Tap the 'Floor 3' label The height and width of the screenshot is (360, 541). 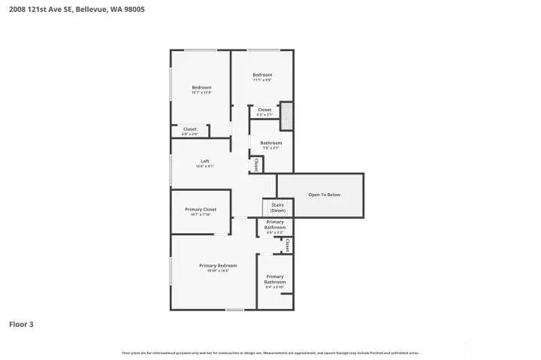coord(21,325)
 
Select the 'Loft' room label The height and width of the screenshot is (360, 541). coord(205,161)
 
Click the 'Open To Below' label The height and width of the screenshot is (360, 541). coord(324,195)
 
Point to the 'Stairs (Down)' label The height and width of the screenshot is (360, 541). coord(278,207)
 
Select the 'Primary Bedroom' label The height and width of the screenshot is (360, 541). coord(218,265)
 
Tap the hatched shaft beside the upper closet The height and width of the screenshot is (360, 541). coord(286,116)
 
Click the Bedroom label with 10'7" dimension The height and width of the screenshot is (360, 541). coord(201,87)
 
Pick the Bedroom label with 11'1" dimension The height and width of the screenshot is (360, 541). coord(261,74)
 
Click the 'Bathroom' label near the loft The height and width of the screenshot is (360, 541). coord(270,143)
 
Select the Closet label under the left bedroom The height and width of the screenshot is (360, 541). coord(190,129)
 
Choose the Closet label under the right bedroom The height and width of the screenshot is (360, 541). coord(264,110)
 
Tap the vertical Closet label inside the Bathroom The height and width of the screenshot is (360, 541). coord(256,164)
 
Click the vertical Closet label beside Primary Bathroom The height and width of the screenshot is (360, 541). coord(287,245)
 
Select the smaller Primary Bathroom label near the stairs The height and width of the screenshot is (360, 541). coord(275,224)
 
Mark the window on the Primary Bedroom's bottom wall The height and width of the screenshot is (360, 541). coord(234,310)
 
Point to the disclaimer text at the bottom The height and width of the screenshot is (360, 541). coord(270,352)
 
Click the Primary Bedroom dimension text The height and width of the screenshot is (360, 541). coord(218,271)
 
